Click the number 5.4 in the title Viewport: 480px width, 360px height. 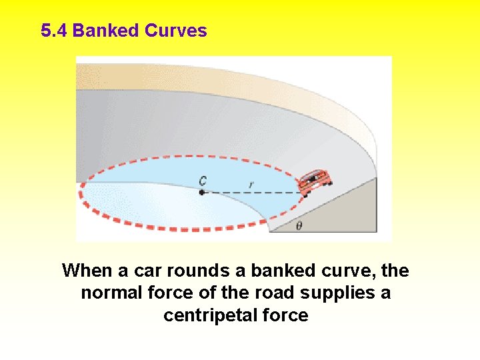pos(54,31)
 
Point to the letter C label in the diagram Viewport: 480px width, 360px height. pos(201,180)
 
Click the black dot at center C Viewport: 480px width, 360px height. pos(201,193)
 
